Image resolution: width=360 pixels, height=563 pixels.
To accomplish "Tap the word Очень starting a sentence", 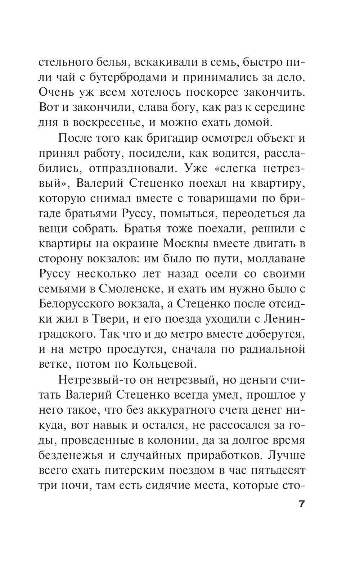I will [56, 92].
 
